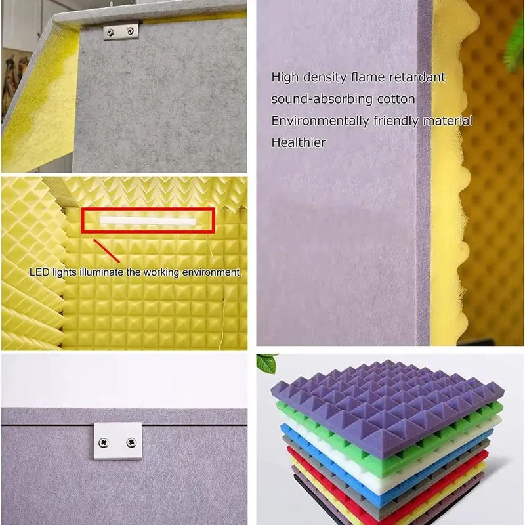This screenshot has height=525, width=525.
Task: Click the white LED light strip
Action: [148, 220]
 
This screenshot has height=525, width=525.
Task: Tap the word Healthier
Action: [299, 142]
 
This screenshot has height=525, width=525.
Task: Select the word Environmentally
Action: [320, 121]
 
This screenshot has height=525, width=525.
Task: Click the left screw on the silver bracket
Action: [110, 32]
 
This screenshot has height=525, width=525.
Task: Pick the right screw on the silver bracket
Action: [130, 31]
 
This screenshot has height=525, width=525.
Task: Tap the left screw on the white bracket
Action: [104, 443]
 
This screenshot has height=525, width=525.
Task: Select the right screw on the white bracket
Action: [131, 442]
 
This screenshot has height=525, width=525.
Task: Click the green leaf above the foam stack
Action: [267, 363]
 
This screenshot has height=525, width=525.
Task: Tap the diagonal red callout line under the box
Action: [106, 251]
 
